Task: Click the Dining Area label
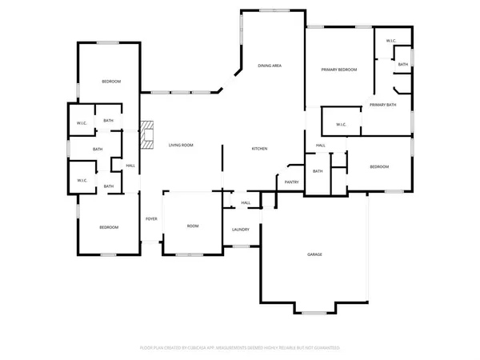click(270, 66)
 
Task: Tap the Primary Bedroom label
click(338, 70)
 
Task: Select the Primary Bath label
click(382, 105)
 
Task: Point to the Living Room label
click(181, 146)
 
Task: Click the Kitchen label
click(259, 150)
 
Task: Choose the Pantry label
click(291, 182)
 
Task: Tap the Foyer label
click(151, 219)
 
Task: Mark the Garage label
click(315, 255)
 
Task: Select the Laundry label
click(241, 230)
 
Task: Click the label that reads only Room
click(193, 226)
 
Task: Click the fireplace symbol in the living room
click(145, 135)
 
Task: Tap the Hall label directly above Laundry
click(246, 203)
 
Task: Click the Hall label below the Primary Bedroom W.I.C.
click(320, 146)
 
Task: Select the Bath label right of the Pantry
click(318, 171)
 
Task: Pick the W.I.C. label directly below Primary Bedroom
click(341, 124)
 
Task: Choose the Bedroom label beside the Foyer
click(109, 228)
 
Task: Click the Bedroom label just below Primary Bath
click(379, 166)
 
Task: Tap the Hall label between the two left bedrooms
click(130, 166)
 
